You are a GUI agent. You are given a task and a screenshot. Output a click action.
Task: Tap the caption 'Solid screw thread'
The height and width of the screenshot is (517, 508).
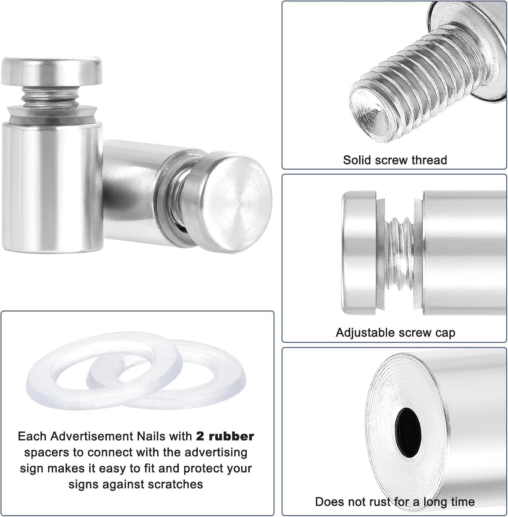coord(395,160)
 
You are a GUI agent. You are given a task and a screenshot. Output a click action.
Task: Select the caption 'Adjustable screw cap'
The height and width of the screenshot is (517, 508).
coord(395,333)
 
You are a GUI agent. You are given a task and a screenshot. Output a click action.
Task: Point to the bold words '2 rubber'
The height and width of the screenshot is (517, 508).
coord(225,436)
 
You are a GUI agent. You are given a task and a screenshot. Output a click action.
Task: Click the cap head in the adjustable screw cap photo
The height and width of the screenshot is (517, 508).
coord(358,253)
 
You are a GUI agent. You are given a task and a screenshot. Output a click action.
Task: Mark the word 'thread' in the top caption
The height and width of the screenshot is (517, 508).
coord(430,160)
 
